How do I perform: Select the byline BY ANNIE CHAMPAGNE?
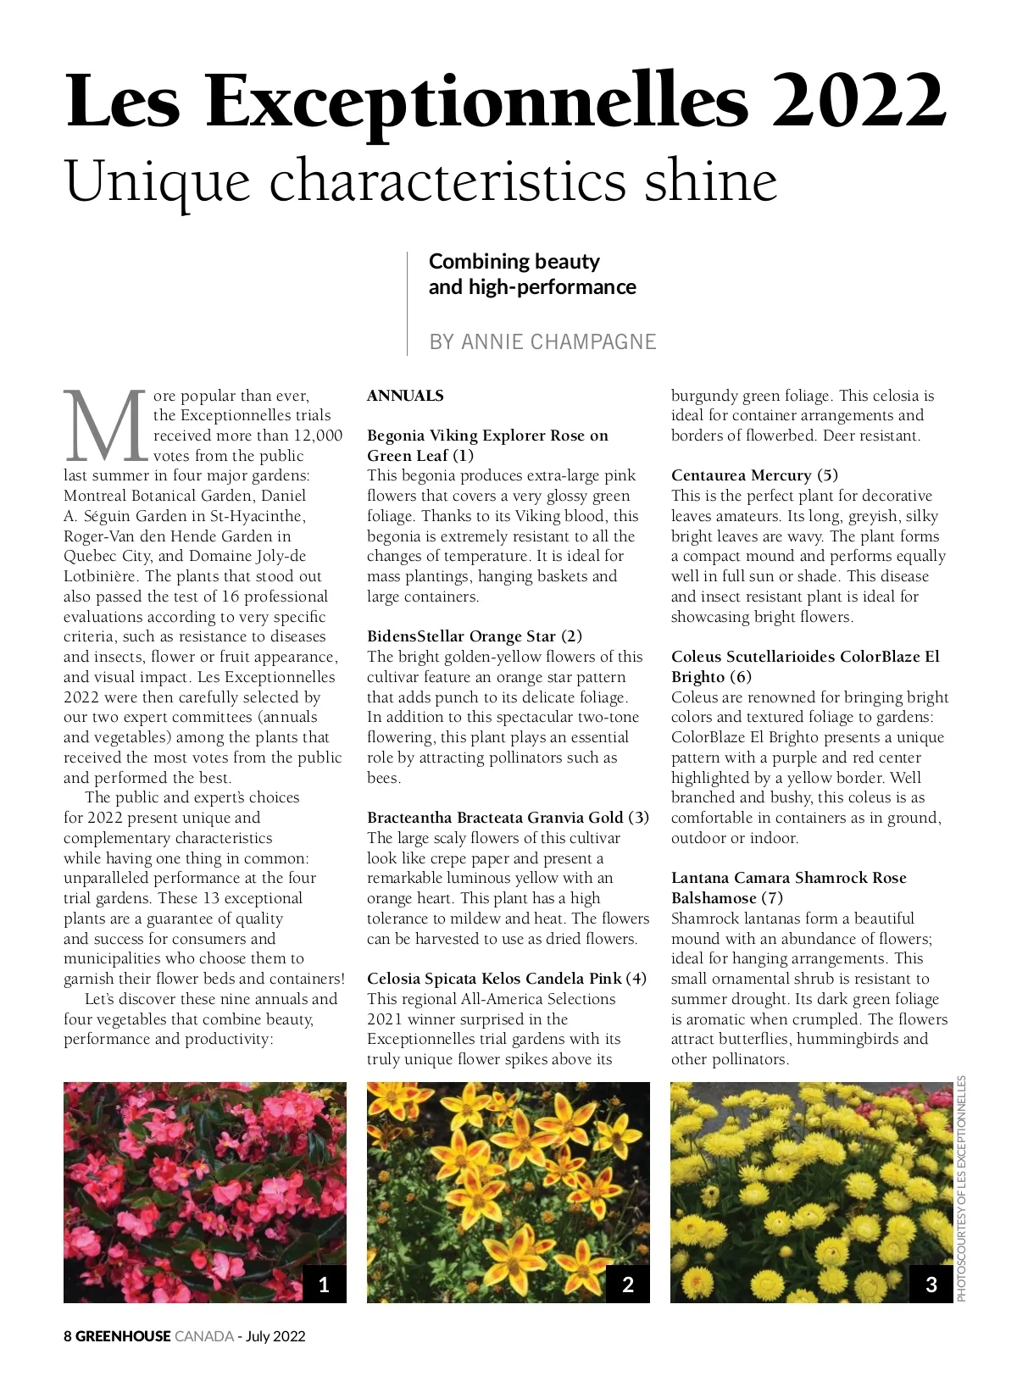[542, 341]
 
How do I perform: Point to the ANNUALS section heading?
[405, 396]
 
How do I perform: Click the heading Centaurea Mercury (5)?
[754, 475]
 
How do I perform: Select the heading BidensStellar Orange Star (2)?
[475, 636]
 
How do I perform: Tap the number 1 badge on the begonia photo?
[324, 1285]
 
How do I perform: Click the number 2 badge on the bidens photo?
[628, 1285]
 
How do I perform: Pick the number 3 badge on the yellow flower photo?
[931, 1285]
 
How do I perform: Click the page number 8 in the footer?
[68, 1336]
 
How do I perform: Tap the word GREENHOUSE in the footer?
[123, 1336]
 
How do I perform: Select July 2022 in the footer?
[275, 1336]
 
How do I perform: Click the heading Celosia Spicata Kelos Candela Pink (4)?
[507, 979]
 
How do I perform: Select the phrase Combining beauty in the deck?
[514, 261]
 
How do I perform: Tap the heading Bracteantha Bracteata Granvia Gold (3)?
[508, 818]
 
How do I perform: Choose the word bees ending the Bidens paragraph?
[383, 778]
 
